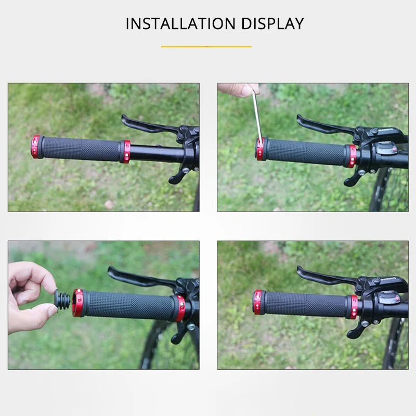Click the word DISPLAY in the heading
271,24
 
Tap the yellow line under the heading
206,47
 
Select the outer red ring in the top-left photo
35,147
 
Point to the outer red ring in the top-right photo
260,149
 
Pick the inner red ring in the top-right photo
352,155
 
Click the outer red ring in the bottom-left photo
78,303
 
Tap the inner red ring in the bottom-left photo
180,309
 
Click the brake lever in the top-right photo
322,125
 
